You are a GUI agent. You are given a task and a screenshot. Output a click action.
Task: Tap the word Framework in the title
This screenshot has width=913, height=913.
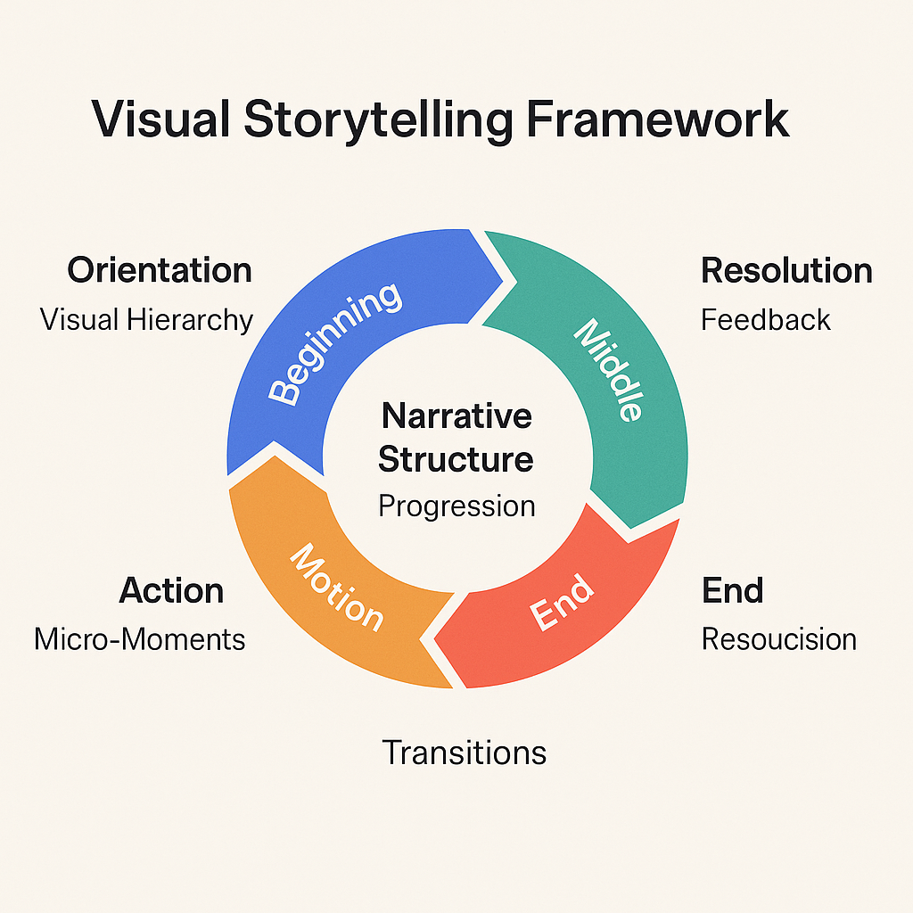(x=655, y=120)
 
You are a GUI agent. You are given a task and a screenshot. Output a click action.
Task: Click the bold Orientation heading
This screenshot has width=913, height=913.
(x=160, y=270)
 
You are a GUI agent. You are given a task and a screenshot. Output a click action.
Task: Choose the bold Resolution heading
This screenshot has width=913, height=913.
(x=786, y=270)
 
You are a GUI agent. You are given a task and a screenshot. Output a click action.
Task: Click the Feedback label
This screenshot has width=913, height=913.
(x=765, y=319)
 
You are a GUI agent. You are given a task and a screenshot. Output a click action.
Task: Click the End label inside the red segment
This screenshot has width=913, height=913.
(x=561, y=604)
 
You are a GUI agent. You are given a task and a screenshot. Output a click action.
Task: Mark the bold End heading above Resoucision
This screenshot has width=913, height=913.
(x=732, y=590)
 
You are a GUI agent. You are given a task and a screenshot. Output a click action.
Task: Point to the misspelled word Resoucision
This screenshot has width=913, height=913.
(x=778, y=639)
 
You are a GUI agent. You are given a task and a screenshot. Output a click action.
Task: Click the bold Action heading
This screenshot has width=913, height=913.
(x=171, y=590)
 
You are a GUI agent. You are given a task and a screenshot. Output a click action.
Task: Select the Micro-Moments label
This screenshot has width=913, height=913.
(x=140, y=639)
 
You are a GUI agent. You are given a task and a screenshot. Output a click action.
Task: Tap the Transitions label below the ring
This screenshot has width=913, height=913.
(x=464, y=753)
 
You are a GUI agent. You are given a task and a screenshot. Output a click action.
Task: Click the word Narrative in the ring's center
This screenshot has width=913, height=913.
(x=456, y=415)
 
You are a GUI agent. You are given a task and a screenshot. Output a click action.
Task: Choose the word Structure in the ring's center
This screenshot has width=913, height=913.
(x=456, y=460)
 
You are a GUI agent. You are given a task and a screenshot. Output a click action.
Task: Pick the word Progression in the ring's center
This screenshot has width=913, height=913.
(x=456, y=506)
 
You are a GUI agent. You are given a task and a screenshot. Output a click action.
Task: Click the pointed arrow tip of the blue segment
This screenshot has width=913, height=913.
(x=514, y=282)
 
